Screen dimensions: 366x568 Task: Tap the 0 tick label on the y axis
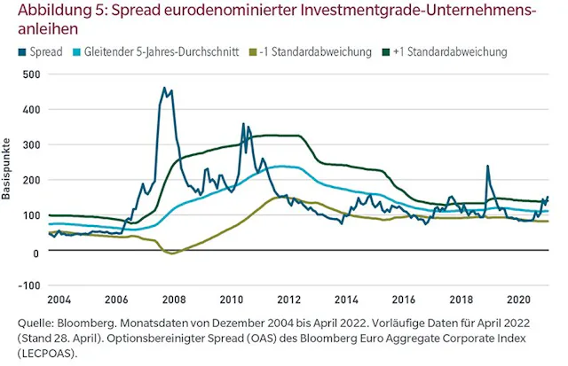(x=35, y=252)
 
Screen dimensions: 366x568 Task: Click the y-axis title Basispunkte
(x=7, y=167)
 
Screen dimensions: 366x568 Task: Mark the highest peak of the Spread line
(x=164, y=88)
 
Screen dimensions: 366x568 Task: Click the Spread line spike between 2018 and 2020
(x=487, y=166)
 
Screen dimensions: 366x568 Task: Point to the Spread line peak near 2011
(x=243, y=124)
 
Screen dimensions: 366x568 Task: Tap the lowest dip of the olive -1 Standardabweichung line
(x=173, y=253)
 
